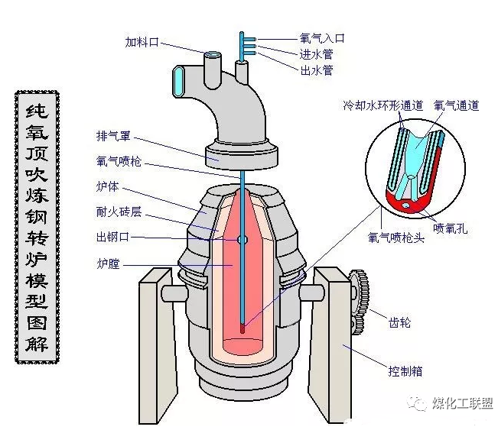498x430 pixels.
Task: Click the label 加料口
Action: point(142,43)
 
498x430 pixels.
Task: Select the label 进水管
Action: point(316,53)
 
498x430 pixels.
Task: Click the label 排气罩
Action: point(114,138)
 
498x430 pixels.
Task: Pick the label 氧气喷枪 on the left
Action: point(119,162)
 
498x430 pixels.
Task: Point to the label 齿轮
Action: point(400,322)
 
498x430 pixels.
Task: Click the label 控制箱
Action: point(405,372)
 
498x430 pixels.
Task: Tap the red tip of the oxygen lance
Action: point(243,329)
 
